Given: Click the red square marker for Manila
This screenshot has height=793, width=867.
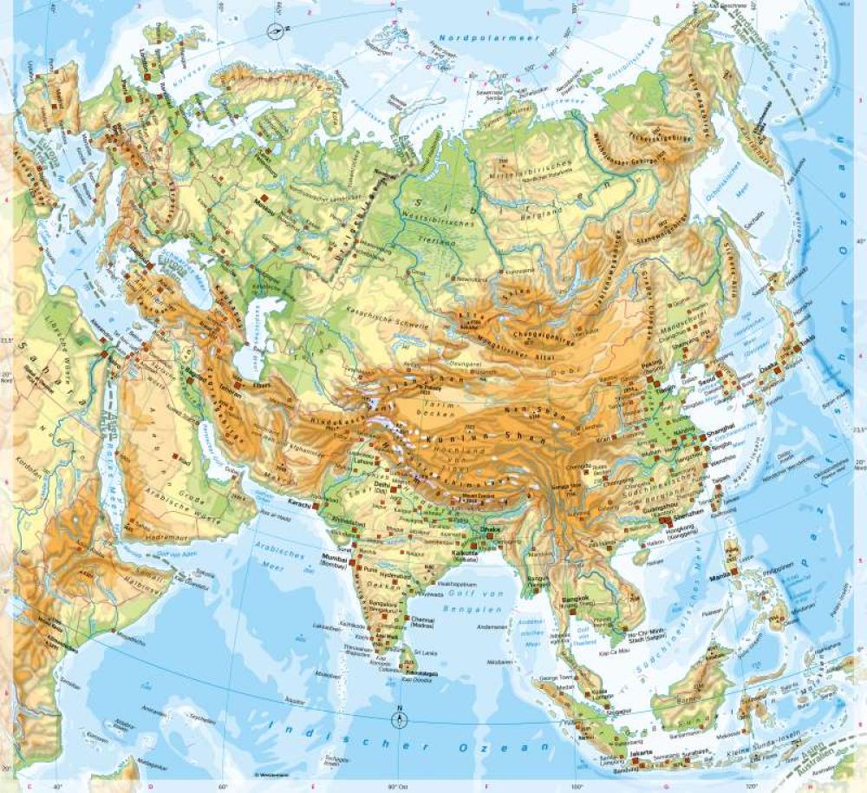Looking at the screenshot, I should pyautogui.click(x=733, y=571).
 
